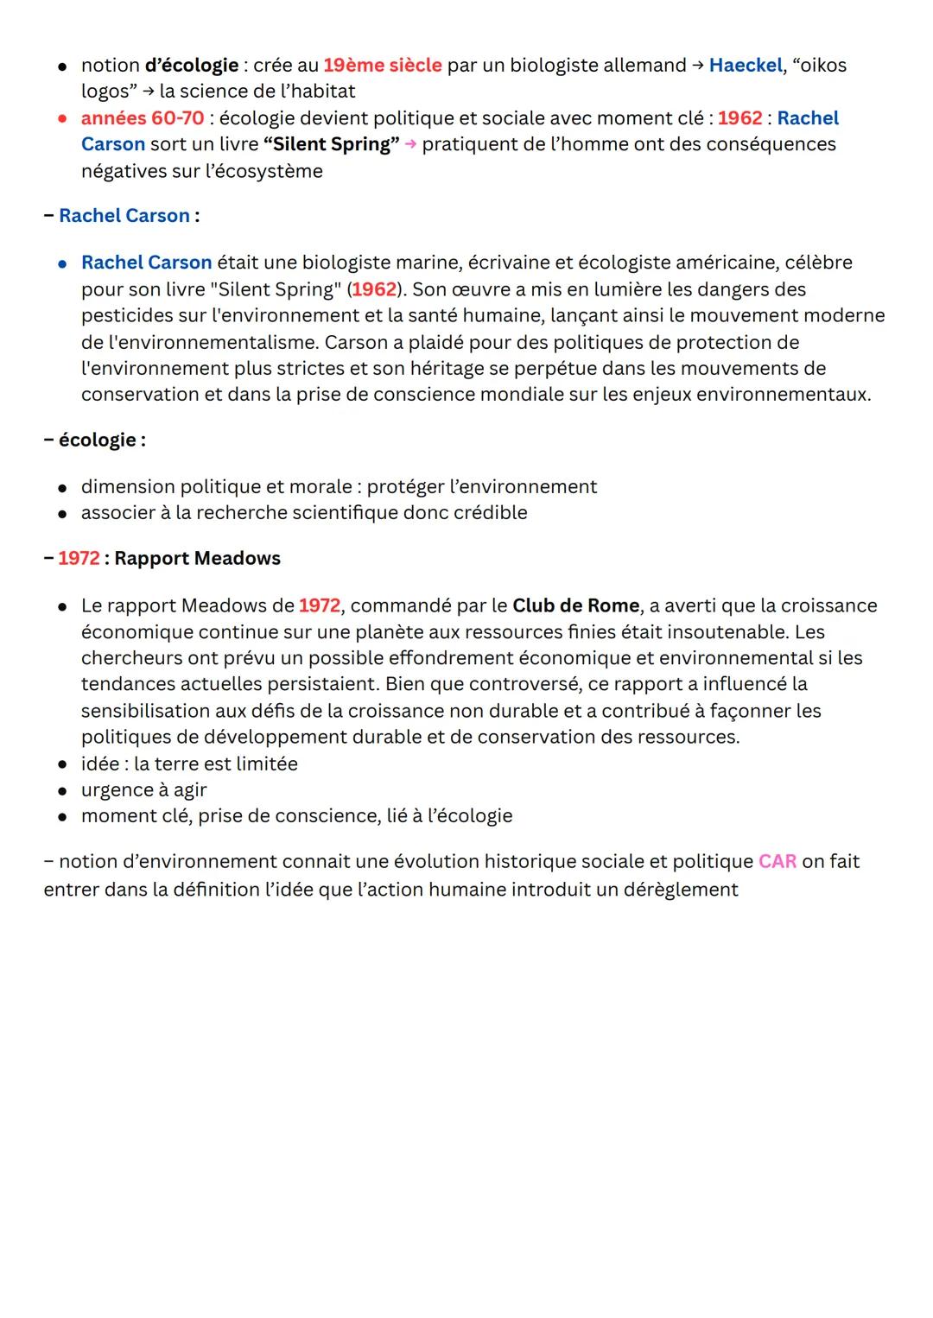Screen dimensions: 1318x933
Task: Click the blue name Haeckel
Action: pyautogui.click(x=745, y=66)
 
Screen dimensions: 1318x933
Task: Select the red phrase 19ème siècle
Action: pyautogui.click(x=382, y=66)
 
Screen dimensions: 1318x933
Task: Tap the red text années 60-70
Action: pyautogui.click(x=143, y=118)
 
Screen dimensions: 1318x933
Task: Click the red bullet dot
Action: pyautogui.click(x=63, y=119)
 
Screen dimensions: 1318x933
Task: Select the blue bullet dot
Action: pyautogui.click(x=63, y=263)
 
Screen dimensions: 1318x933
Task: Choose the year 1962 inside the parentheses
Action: pyautogui.click(x=374, y=289)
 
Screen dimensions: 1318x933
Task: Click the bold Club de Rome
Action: pyautogui.click(x=575, y=605)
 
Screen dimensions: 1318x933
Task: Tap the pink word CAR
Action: pyautogui.click(x=777, y=862)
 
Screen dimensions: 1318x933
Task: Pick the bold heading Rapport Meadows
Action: pyautogui.click(x=197, y=559)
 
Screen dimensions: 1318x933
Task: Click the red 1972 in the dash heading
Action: pyautogui.click(x=79, y=559)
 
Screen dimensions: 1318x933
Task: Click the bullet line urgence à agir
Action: pyautogui.click(x=143, y=790)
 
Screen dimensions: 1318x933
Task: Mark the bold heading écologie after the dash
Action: pyautogui.click(x=98, y=440)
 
